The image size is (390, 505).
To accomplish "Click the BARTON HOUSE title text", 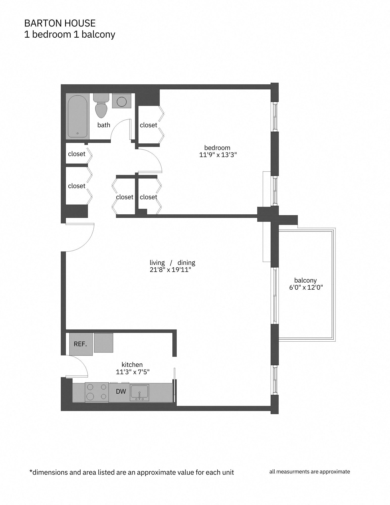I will (x=60, y=23).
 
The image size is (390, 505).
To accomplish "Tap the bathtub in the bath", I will (x=77, y=116).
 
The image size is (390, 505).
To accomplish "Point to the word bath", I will (x=104, y=125).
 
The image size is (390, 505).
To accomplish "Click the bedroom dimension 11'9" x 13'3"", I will (x=218, y=155).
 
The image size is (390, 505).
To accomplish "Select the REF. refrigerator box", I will (x=81, y=344).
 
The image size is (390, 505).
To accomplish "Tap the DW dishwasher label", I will (x=121, y=391).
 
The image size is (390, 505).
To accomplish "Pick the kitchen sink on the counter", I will (x=139, y=393).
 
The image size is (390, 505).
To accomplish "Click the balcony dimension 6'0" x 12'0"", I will (x=306, y=287).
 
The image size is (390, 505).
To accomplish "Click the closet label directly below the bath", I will (x=77, y=154).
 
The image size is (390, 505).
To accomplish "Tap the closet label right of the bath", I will (x=148, y=125).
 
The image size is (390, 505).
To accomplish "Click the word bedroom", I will (x=217, y=148).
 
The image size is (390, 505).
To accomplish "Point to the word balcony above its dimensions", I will (x=305, y=280).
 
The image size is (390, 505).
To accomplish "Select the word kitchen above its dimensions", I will (x=132, y=365).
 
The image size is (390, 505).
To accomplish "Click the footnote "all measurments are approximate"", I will (x=309, y=471).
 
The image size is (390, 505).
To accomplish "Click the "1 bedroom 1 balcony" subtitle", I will (x=70, y=34).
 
